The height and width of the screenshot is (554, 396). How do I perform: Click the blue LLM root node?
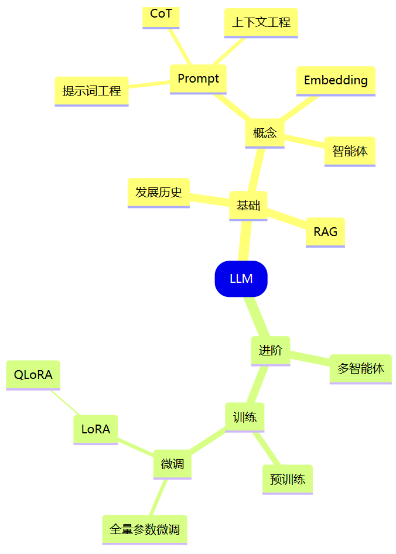click(241, 279)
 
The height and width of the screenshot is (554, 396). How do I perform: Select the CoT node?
click(161, 15)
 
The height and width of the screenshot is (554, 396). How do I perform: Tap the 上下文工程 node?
click(261, 23)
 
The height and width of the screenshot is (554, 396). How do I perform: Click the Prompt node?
click(198, 78)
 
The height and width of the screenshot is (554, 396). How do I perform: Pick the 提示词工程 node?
click(91, 91)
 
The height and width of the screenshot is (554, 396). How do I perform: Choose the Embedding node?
click(336, 80)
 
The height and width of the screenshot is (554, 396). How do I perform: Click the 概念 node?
click(264, 133)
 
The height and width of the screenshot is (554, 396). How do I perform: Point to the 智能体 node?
click(350, 151)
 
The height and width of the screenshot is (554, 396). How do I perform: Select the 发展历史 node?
click(159, 192)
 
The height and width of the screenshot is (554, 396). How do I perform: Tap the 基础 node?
click(248, 206)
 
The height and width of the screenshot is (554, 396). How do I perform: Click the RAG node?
click(325, 232)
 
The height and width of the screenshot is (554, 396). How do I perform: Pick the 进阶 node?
click(271, 350)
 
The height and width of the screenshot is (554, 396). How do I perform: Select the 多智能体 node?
click(360, 369)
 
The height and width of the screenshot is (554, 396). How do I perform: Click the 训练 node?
click(245, 417)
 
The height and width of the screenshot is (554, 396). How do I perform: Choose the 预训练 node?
click(287, 479)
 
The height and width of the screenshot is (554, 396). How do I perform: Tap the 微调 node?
click(172, 464)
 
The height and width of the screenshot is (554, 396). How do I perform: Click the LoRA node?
click(95, 429)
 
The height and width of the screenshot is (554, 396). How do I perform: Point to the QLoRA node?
click(33, 375)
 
